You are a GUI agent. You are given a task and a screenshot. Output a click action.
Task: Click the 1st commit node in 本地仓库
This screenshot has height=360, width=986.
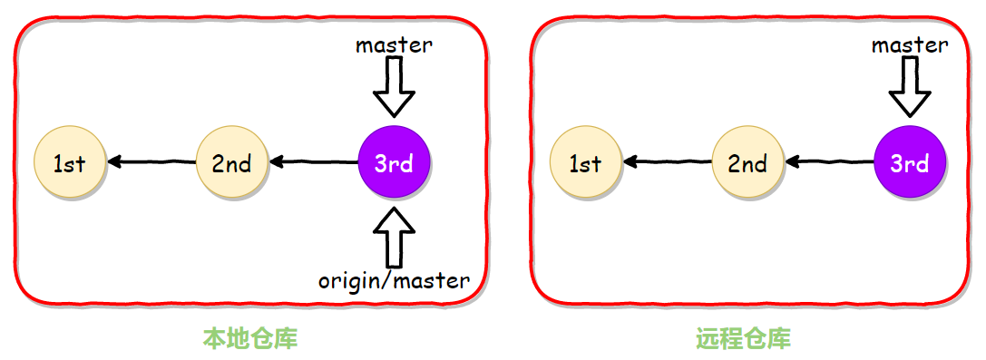click(69, 163)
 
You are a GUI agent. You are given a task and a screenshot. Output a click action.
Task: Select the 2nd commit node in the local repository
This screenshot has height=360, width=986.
click(232, 163)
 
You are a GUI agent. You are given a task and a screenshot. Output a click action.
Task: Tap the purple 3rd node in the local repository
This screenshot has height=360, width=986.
click(395, 163)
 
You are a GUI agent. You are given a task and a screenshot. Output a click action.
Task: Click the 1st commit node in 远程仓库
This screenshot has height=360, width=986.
click(586, 163)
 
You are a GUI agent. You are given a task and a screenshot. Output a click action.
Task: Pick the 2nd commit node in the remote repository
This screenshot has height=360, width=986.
click(748, 163)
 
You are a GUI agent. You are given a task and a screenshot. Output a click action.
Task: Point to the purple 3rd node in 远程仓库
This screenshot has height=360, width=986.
click(910, 163)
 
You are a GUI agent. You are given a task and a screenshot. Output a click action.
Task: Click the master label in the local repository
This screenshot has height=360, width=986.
click(394, 44)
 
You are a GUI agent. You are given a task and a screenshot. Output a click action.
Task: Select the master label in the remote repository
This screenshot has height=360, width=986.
click(910, 44)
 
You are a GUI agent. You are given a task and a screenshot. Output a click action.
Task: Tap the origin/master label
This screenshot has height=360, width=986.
click(394, 280)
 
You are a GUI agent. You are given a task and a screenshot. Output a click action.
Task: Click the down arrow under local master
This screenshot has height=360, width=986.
click(395, 87)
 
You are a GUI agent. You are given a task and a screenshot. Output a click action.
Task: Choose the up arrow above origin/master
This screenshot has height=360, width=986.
click(395, 238)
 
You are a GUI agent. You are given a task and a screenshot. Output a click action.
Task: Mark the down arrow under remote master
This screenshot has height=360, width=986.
click(910, 87)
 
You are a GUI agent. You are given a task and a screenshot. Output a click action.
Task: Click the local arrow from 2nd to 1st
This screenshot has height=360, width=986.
click(151, 163)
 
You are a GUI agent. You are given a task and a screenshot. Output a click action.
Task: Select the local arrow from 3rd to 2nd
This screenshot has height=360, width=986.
click(314, 163)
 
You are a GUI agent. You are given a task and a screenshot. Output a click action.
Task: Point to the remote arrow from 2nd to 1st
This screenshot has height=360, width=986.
click(667, 163)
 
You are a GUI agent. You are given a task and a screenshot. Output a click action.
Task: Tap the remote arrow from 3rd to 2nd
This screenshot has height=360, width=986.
click(829, 163)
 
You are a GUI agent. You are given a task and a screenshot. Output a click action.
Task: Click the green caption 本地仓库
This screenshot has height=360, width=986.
click(250, 339)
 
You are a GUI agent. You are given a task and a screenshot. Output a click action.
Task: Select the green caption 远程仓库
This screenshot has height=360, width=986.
click(744, 339)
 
